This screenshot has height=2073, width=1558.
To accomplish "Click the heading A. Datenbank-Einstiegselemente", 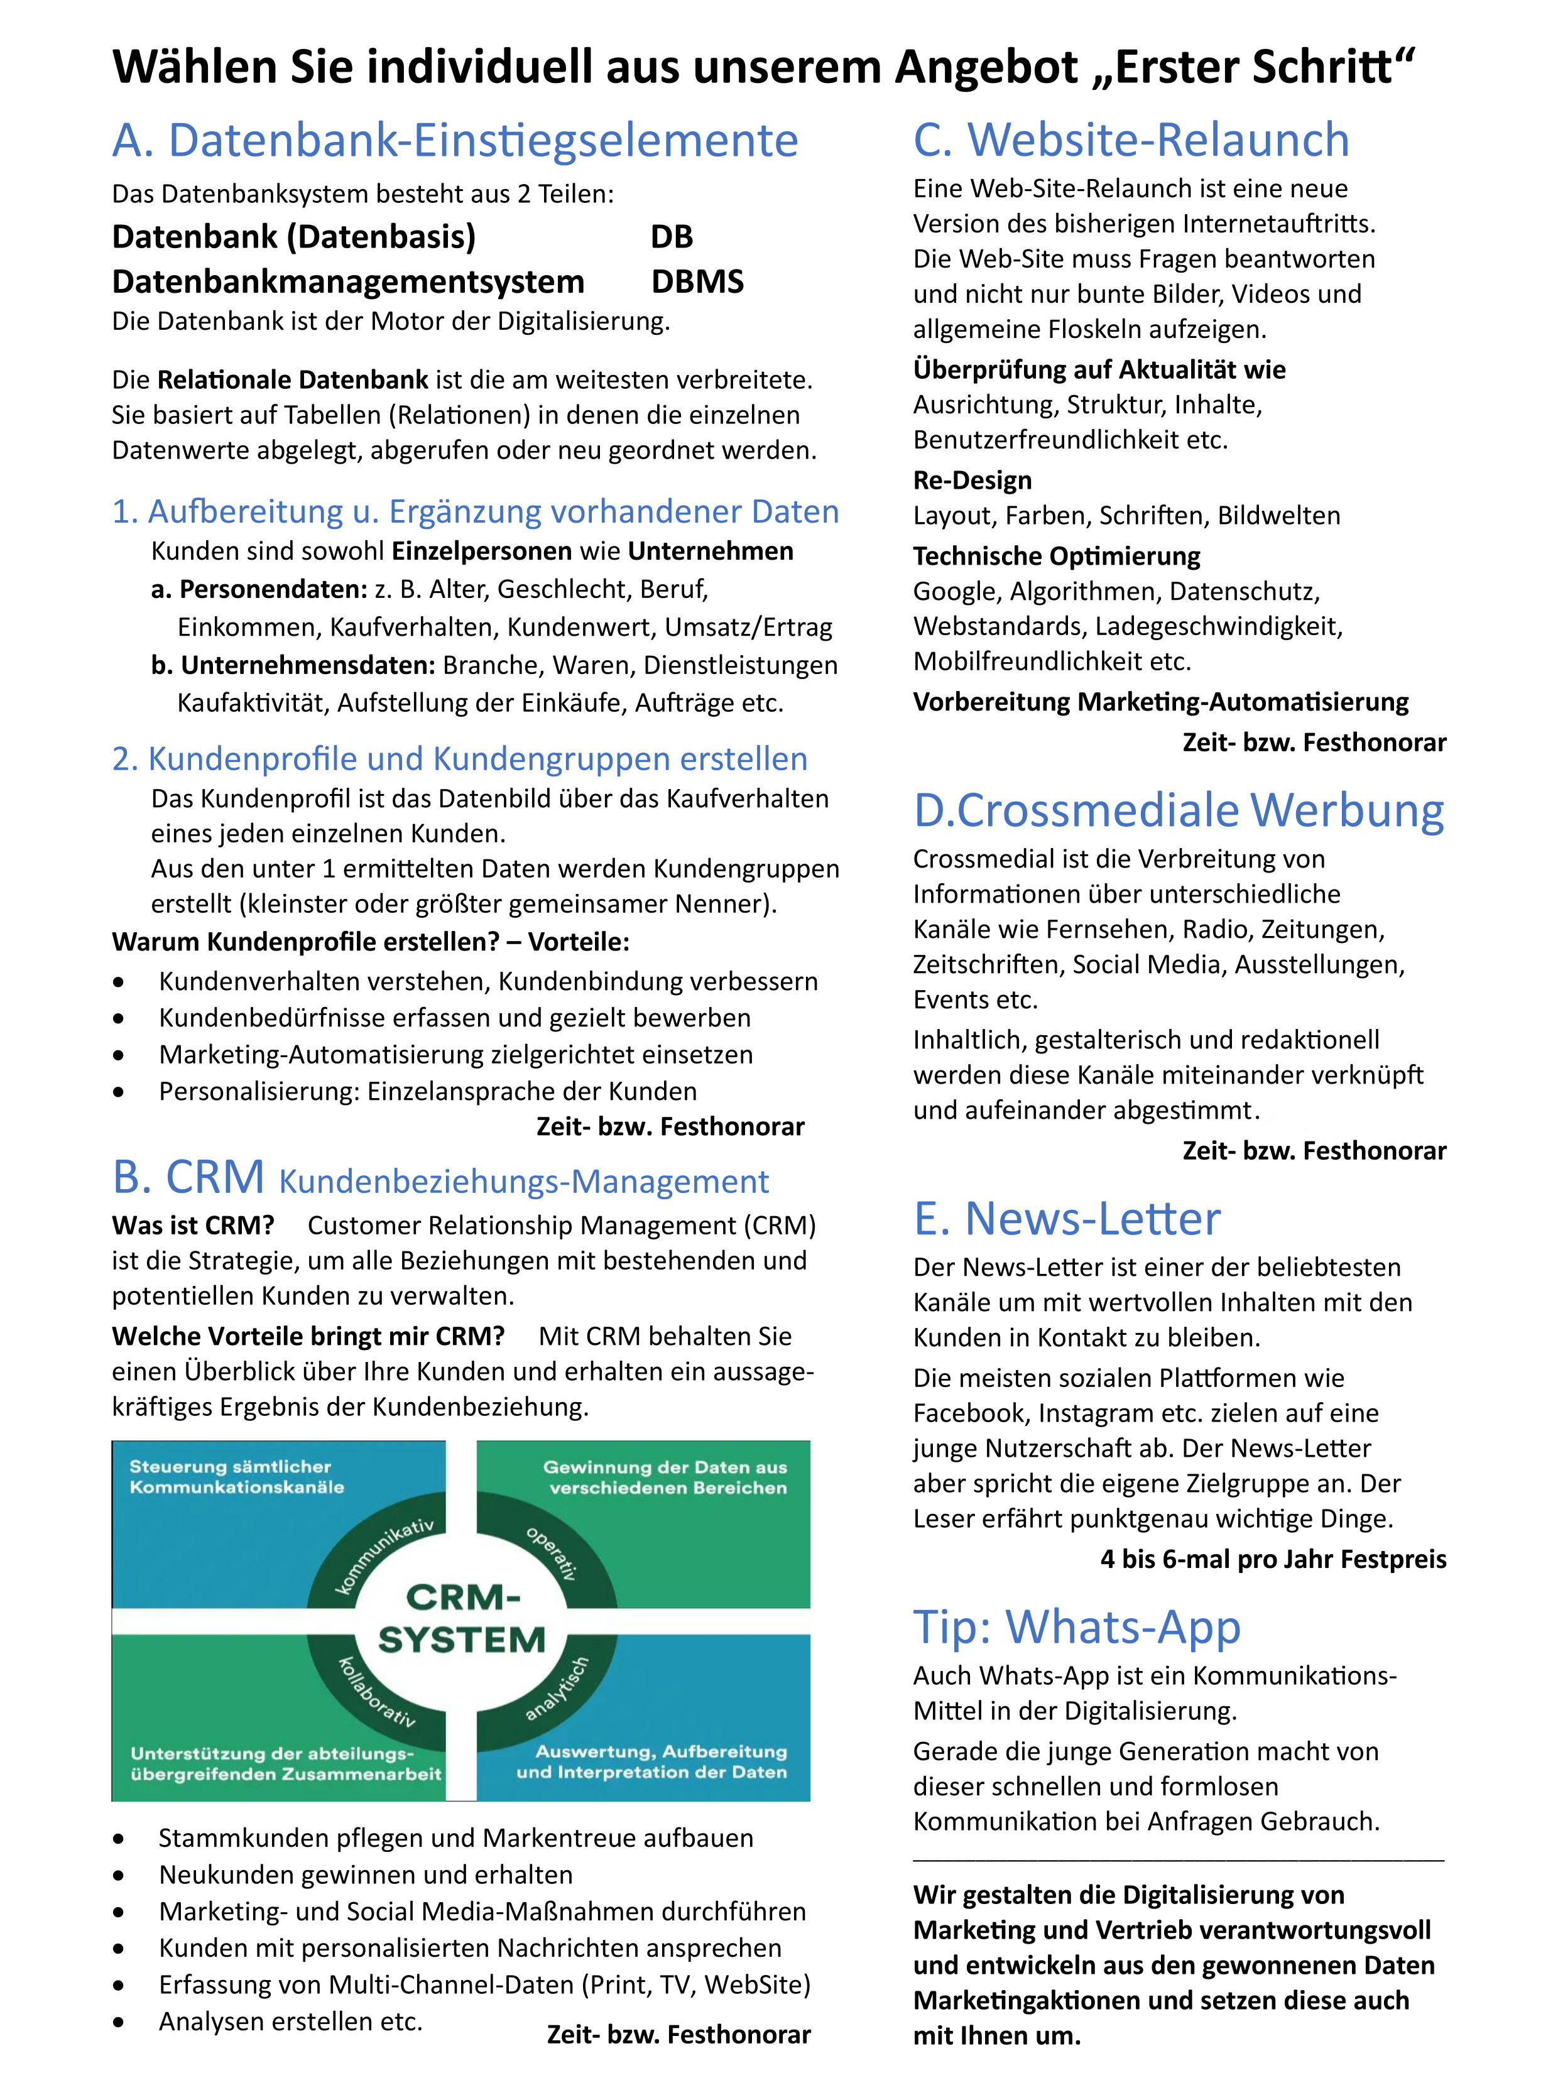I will pos(455,141).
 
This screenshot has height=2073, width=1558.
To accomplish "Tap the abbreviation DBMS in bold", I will pos(697,281).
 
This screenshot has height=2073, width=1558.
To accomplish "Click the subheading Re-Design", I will pos(972,480).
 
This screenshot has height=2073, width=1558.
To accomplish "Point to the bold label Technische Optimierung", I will pos(1057,556).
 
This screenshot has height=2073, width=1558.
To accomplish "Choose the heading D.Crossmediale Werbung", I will pos(1179,810).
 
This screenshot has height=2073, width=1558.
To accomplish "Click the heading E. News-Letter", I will pos(1067,1218).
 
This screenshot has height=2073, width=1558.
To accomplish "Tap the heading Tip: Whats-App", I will pos(1076,1627).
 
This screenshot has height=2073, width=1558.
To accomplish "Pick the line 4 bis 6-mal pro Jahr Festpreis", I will pos(1272,1559).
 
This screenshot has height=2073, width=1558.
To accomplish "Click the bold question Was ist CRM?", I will pos(193,1226).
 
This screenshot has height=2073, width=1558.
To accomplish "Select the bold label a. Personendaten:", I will pos(259,589).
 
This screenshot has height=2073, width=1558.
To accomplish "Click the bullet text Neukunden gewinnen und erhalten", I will pos(366,1874).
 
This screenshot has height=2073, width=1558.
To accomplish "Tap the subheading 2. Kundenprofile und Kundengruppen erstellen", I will pos(459,758).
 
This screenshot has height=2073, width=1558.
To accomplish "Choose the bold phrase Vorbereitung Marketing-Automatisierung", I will pos(1160,702).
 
